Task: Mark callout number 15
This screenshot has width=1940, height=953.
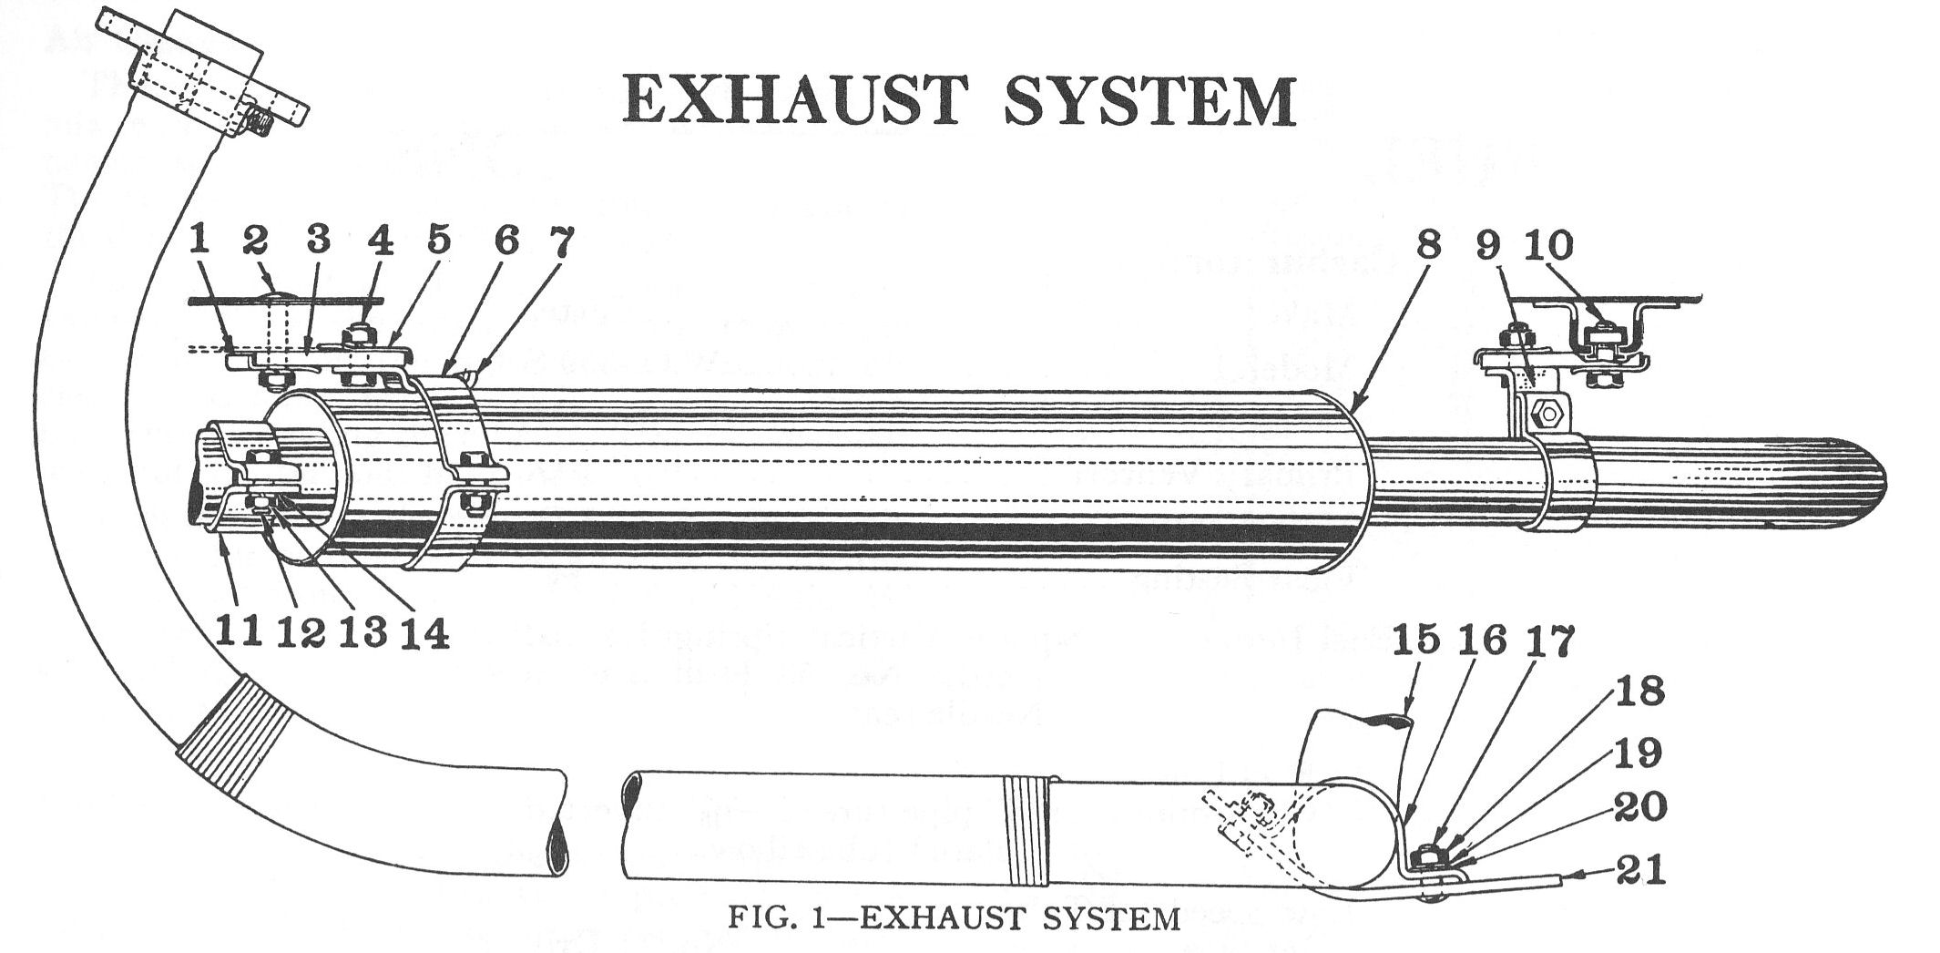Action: [1416, 640]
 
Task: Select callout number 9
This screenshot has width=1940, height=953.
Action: [1486, 245]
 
